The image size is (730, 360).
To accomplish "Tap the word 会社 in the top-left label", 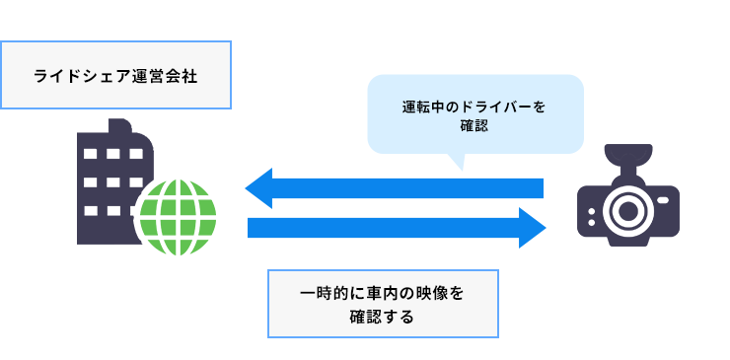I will pos(182,76).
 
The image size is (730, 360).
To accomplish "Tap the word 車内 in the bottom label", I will pos(377,294).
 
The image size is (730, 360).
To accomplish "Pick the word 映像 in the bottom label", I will pos(429,294).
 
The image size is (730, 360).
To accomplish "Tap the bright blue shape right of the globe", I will pos(395,207).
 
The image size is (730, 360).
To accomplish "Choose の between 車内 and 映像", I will pos(402,294).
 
